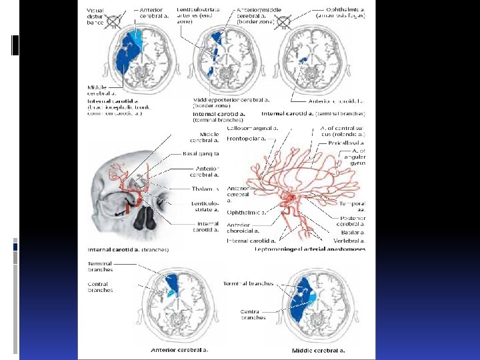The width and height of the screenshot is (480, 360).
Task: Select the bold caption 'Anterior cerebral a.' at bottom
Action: point(181,349)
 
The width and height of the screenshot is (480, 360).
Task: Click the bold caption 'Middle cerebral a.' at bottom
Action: point(318,349)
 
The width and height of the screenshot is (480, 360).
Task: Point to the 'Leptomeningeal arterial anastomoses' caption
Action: point(310,249)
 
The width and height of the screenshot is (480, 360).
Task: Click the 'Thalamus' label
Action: point(205,189)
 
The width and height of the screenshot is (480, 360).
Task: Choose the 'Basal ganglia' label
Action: point(201,154)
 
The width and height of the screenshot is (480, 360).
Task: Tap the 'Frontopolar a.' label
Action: point(246,139)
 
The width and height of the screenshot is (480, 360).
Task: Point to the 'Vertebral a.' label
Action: point(349,239)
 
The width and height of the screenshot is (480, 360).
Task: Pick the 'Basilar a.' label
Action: point(350,232)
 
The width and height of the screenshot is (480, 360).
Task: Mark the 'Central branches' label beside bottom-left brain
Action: point(100,287)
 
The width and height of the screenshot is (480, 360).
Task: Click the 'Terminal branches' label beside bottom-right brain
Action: point(247,283)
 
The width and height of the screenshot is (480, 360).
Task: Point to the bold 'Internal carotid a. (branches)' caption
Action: point(128,249)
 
